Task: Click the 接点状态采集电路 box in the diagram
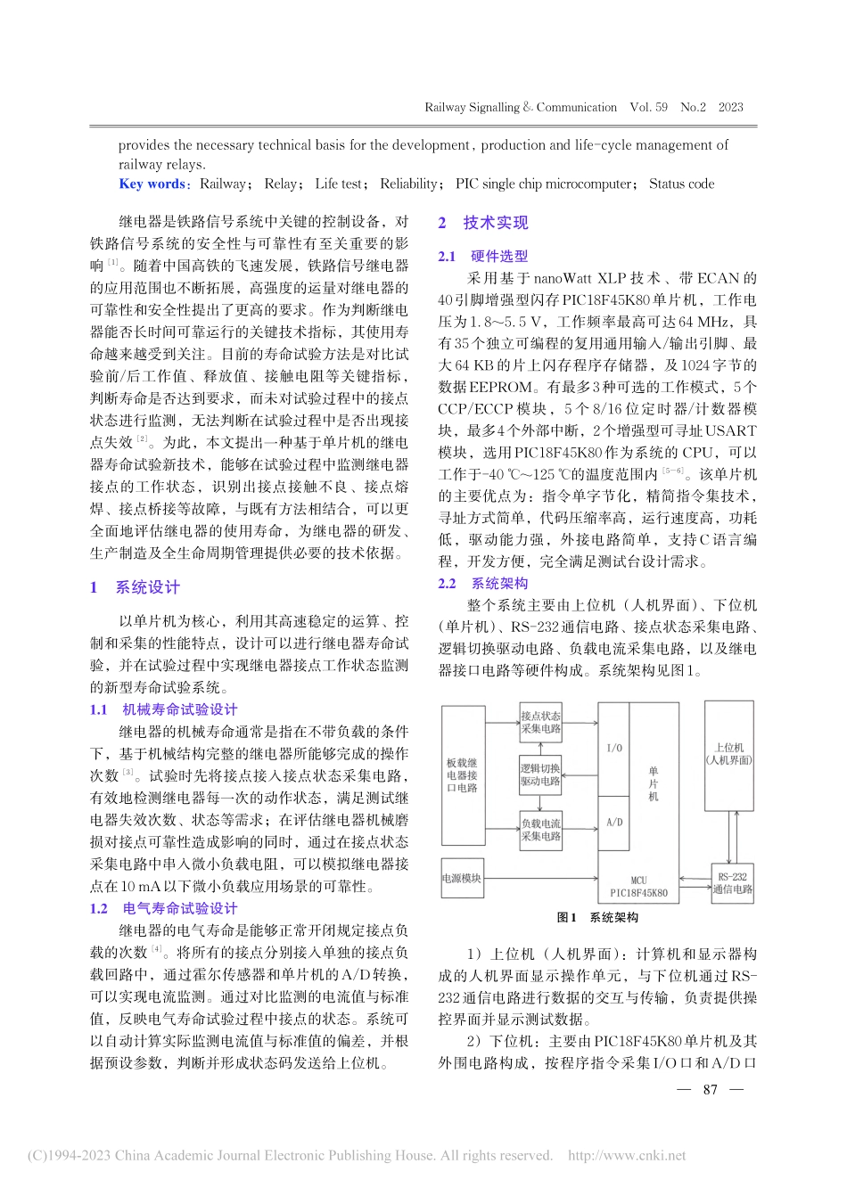541,722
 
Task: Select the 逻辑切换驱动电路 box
541,774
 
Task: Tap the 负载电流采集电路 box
541,830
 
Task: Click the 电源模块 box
462,878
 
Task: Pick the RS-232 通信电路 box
732,882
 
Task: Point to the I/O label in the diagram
614,748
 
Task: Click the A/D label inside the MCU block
614,823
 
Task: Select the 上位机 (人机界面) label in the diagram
728,754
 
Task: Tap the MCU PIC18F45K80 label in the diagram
638,886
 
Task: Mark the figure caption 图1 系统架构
597,917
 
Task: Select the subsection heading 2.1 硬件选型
483,256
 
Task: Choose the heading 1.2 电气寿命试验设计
164,908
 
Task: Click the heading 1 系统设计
136,587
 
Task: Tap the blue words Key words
152,184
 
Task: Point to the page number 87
711,1089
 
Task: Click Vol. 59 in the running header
648,107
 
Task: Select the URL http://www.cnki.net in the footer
627,1155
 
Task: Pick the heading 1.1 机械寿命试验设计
164,709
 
